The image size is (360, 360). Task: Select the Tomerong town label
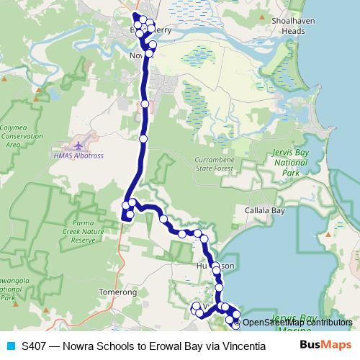117,292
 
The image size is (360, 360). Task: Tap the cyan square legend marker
10,346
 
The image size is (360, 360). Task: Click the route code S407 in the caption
35,346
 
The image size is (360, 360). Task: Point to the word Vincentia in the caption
230,346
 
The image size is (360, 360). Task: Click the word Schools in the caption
114,346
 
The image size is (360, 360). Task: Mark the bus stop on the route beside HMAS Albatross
143,138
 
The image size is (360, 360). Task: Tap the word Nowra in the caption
78,346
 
